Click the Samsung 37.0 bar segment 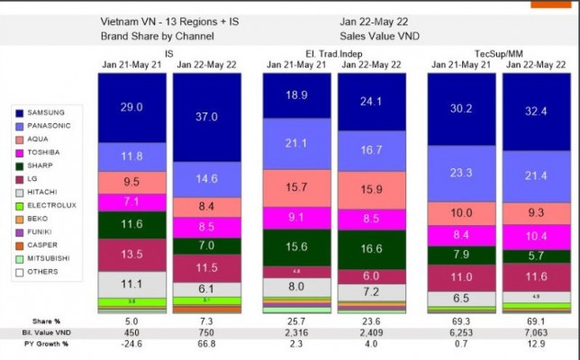[206, 117]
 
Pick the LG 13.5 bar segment [131, 253]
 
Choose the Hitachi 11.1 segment [131, 283]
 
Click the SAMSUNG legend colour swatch [21, 113]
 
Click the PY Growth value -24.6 [131, 343]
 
